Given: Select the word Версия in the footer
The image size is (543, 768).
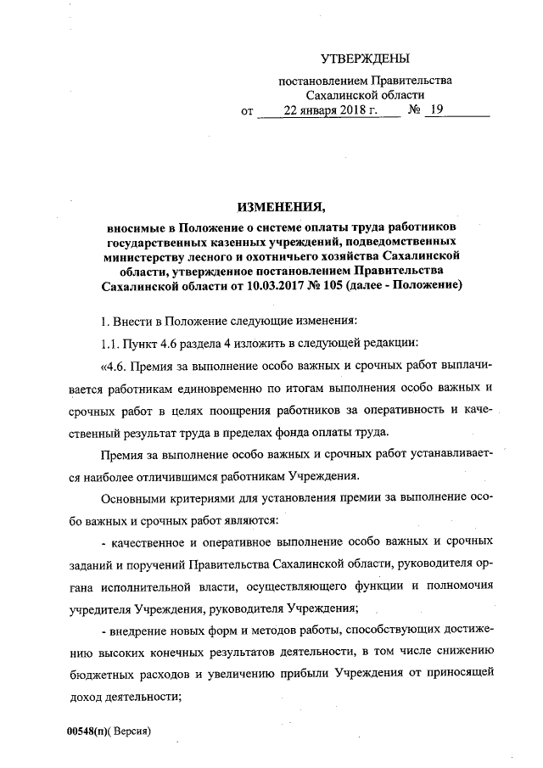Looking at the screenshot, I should [133, 731].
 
